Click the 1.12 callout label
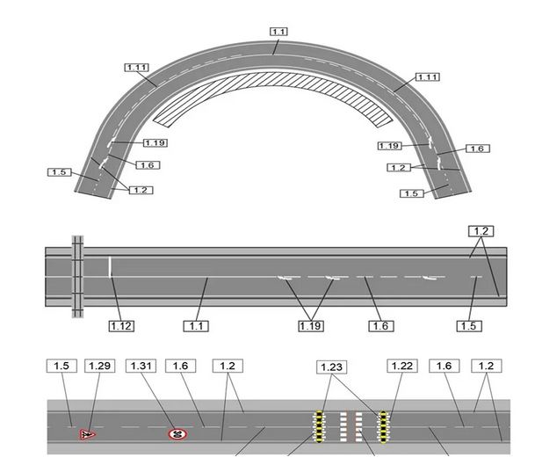pos(121,326)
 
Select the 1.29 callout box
pos(99,366)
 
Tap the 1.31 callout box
pos(141,366)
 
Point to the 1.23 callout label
pos(332,367)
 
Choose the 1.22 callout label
pos(402,366)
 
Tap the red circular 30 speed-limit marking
pos(177,434)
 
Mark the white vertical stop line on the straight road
pos(110,267)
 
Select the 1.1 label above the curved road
pos(278,32)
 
